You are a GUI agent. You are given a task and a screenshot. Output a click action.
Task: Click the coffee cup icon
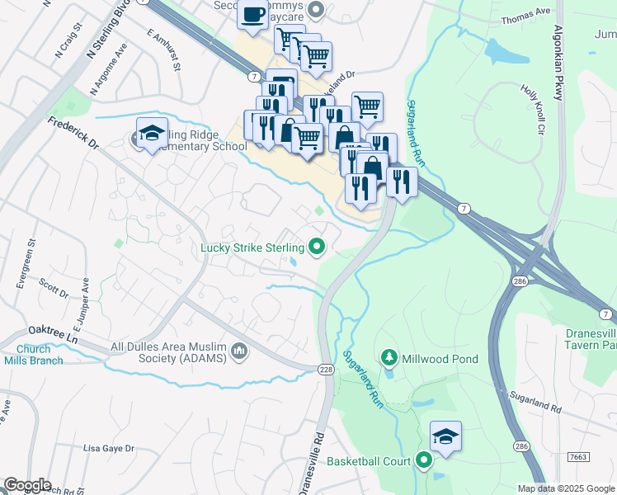point(253,14)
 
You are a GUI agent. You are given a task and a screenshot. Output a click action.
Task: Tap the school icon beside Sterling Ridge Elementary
point(152,134)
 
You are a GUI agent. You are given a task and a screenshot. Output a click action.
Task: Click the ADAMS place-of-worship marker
point(240,352)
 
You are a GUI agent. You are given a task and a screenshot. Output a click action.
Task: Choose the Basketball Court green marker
point(424,461)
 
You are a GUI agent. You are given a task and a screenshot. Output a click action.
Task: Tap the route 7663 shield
point(579,456)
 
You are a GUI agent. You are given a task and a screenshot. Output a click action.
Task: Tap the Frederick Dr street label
point(73,132)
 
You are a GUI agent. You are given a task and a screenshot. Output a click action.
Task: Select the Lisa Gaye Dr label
point(109,448)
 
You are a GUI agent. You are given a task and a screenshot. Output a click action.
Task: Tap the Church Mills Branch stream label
point(27,355)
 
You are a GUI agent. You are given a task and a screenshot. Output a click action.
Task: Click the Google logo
point(27,485)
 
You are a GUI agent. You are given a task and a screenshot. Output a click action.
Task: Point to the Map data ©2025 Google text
point(565,488)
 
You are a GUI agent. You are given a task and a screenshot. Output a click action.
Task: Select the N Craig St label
point(69,41)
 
